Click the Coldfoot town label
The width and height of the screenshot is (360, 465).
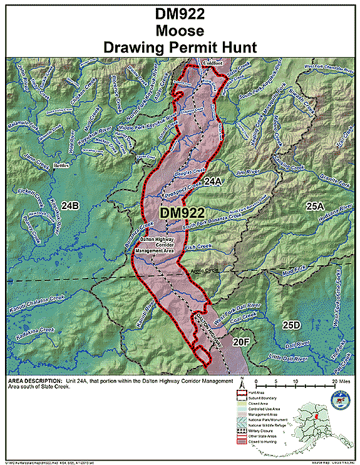click(213, 63)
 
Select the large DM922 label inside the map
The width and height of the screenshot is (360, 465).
click(183, 213)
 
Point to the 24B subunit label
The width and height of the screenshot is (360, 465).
click(70, 205)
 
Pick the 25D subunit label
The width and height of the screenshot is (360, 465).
click(291, 325)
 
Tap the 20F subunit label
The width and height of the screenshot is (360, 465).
click(242, 342)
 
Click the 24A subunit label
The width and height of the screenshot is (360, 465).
click(213, 181)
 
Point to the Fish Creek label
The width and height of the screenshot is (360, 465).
click(199, 247)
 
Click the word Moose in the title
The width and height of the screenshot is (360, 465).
click(180, 31)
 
